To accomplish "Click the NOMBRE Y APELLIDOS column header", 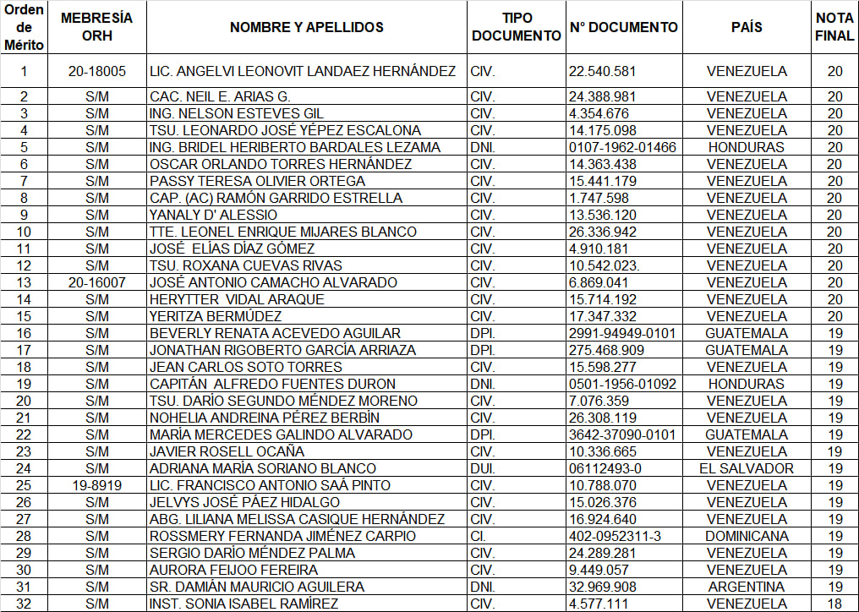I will tap(306, 27).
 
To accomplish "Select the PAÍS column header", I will tap(747, 27).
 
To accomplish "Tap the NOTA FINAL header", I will tap(834, 27).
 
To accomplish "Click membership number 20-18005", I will tap(97, 72).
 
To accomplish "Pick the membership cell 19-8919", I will tap(97, 485).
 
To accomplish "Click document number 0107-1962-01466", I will tap(623, 147).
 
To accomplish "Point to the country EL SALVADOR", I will tap(747, 468).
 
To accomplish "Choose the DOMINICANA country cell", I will tap(747, 536).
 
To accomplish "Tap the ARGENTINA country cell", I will tap(747, 587).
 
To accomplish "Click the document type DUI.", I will tap(483, 468).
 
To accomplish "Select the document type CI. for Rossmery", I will tap(479, 536).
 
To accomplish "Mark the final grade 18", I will tap(834, 604).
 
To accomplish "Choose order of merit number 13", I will tap(24, 282).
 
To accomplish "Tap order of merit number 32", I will tap(24, 604).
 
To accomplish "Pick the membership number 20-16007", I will tap(97, 282).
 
